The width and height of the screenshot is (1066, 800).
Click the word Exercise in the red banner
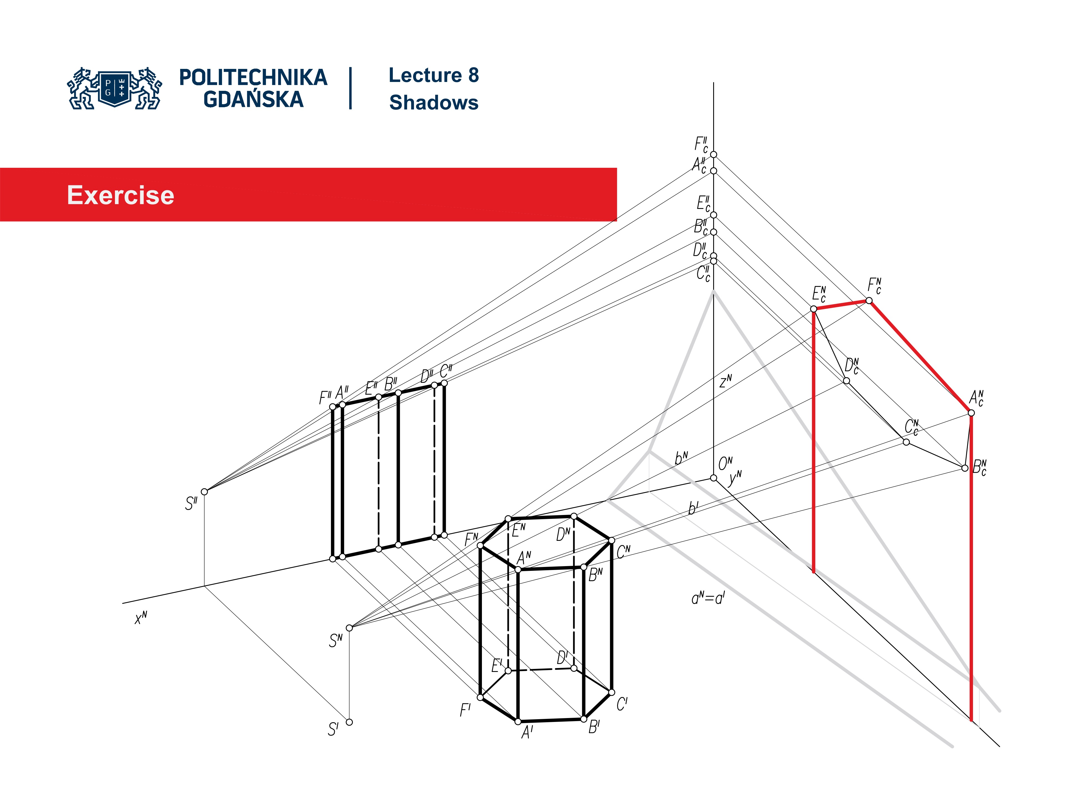click(120, 195)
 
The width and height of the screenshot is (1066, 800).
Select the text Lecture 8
click(433, 75)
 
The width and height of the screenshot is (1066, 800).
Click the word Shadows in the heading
click(433, 103)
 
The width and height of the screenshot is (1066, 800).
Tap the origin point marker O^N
click(713, 478)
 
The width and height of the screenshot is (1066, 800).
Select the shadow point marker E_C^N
click(813, 309)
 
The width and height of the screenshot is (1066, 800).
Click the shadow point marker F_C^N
click(869, 301)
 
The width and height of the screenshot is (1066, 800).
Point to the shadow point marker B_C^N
click(965, 468)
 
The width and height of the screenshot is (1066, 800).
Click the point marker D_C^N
click(846, 381)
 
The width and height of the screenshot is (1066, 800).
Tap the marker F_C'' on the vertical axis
click(713, 154)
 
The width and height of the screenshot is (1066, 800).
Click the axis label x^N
click(141, 618)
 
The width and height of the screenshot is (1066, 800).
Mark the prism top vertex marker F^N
click(480, 545)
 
